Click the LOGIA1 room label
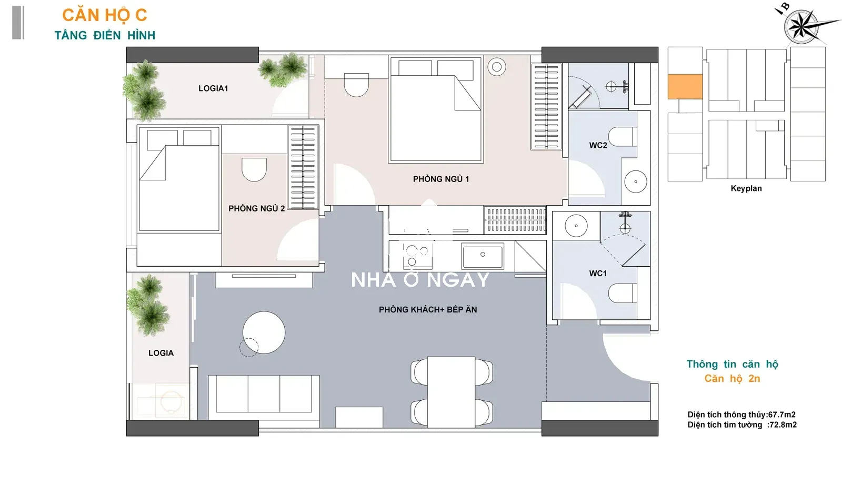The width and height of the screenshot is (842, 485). click(x=213, y=88)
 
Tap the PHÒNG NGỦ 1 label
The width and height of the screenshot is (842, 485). click(x=441, y=179)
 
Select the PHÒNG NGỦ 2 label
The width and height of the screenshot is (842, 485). click(x=257, y=208)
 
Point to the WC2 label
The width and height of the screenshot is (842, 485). click(x=598, y=145)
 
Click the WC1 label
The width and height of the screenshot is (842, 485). click(x=598, y=273)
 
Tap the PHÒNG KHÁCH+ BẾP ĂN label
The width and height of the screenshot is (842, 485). click(x=428, y=309)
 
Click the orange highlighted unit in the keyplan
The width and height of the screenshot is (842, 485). click(x=685, y=86)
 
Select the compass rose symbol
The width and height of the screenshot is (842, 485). click(x=801, y=26)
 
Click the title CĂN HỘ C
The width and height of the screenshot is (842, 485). click(x=105, y=15)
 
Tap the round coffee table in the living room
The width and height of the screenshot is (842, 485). click(x=264, y=332)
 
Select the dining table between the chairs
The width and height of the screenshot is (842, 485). click(x=451, y=392)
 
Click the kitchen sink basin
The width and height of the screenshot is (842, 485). click(x=483, y=256)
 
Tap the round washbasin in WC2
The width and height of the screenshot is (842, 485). click(x=636, y=181)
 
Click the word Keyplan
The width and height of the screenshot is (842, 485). click(x=746, y=188)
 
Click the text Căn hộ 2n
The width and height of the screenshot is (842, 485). click(x=732, y=378)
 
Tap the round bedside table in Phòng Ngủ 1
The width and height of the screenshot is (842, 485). click(x=497, y=67)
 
